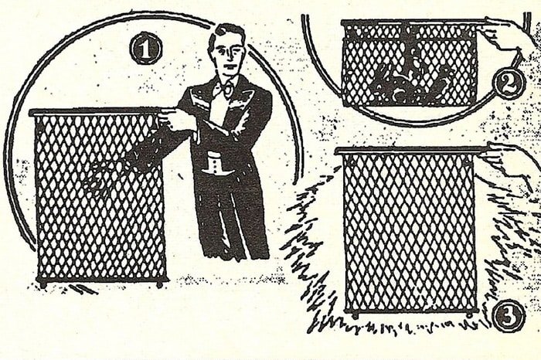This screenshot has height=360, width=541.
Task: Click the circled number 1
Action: coord(145,49)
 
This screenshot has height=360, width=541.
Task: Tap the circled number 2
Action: coord(509,84)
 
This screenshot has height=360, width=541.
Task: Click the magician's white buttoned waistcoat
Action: coord(213,165)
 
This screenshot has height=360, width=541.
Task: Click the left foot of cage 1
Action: coord(43,284)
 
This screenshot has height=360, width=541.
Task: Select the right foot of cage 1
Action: coord(159,284)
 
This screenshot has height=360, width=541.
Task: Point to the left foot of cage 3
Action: coord(355,315)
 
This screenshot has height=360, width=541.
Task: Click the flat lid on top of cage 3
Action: coord(411,151)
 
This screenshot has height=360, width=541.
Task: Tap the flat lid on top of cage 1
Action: coord(95,112)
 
